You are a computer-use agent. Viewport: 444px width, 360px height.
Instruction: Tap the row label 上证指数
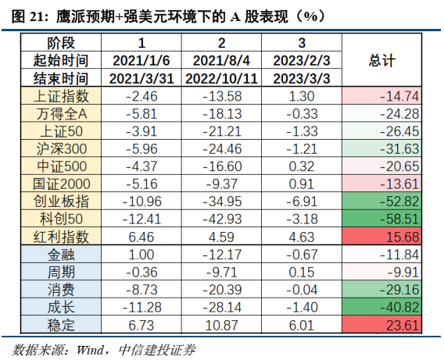tap(63, 96)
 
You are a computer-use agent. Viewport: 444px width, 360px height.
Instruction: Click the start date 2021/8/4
tap(221, 61)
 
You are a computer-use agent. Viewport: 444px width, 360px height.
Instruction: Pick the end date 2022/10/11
tap(221, 78)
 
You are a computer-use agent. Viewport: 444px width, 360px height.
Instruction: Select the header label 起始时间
tap(63, 61)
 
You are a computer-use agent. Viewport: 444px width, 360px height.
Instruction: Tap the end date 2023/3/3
tap(301, 78)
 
